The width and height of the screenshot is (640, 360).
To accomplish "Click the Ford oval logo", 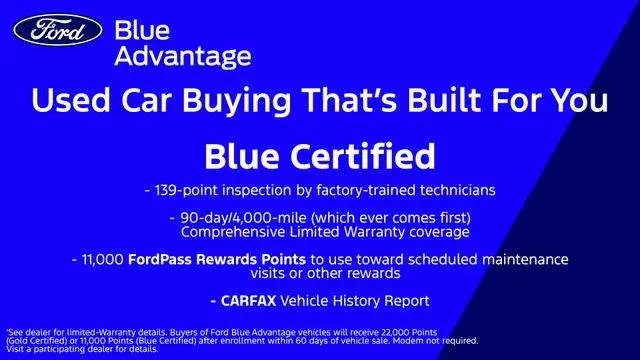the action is (x=58, y=30).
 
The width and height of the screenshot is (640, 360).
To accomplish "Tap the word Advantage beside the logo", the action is (x=183, y=56).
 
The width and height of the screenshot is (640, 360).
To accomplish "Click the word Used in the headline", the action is (x=71, y=100).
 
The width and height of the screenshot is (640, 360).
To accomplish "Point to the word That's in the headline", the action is (x=349, y=100).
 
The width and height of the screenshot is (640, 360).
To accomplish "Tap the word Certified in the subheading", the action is (x=364, y=156).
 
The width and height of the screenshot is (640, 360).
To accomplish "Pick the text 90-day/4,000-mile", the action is (x=243, y=218).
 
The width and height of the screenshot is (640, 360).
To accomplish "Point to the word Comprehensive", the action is (x=233, y=232).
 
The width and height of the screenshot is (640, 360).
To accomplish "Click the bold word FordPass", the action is (x=160, y=259).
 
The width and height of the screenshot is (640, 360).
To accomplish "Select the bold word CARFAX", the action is (x=249, y=301).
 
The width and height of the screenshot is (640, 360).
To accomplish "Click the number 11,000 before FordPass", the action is (x=103, y=260).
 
